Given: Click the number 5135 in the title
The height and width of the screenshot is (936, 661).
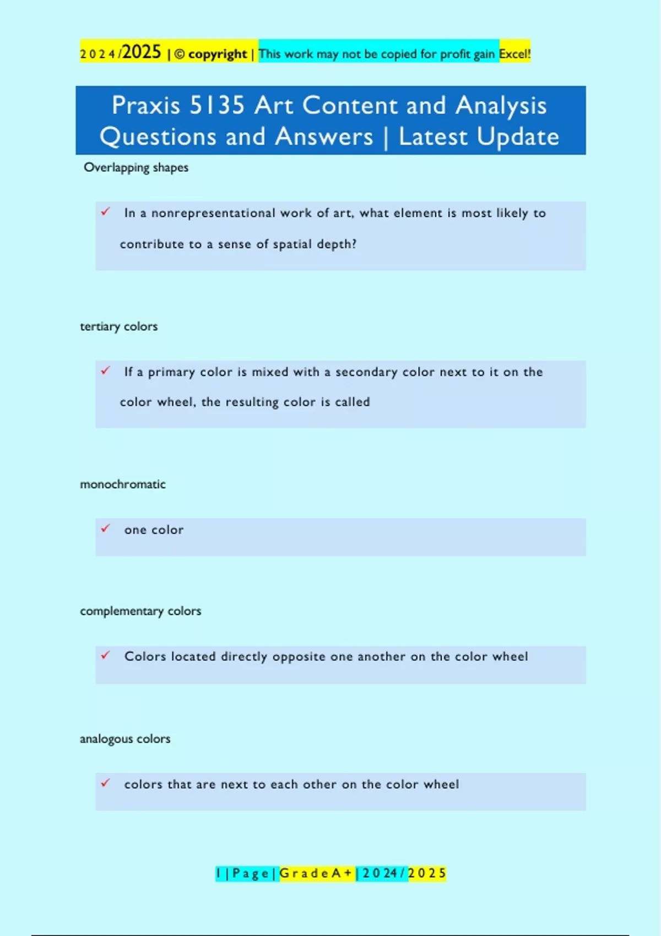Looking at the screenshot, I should click(x=217, y=105).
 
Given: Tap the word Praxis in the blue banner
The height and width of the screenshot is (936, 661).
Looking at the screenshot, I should click(x=146, y=105).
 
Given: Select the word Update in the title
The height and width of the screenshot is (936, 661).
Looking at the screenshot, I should click(x=518, y=137).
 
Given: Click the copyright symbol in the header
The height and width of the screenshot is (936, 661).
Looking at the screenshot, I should click(x=180, y=54).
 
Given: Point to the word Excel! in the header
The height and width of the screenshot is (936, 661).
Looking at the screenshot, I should click(x=515, y=54).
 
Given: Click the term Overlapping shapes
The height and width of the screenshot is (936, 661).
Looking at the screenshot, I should click(x=136, y=167).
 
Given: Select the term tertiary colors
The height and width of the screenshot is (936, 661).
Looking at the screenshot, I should click(x=119, y=326).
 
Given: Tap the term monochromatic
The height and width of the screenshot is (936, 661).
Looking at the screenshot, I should click(x=123, y=485).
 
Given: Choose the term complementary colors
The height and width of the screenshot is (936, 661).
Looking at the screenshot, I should click(x=140, y=611).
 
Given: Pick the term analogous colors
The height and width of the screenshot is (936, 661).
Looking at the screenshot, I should click(x=125, y=739).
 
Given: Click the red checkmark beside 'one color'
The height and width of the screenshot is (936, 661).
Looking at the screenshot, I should click(x=106, y=529).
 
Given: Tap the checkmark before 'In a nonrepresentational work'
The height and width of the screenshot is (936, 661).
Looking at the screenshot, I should click(x=106, y=211).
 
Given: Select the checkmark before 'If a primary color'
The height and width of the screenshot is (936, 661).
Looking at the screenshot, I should click(x=106, y=371).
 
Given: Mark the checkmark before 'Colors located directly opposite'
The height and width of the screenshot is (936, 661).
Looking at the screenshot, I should click(x=106, y=655).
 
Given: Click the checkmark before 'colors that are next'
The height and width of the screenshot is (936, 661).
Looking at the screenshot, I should click(x=106, y=782).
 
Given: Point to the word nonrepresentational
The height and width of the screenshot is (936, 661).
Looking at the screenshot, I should click(x=213, y=213).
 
